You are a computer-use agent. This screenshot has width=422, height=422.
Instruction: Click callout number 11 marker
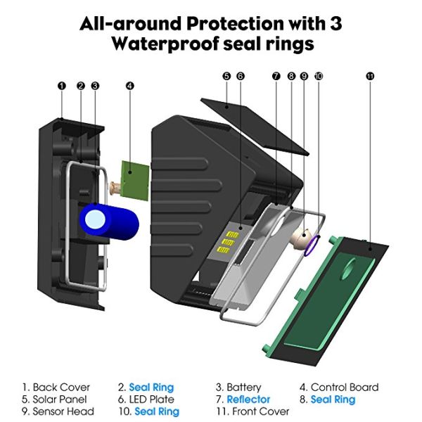(371, 75)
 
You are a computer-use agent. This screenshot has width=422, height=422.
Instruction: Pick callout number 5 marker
(226, 75)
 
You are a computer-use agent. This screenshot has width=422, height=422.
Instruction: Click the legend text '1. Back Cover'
(56, 387)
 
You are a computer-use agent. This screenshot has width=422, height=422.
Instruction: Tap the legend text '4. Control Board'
(339, 387)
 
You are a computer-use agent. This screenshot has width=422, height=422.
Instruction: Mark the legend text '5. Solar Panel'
(56, 399)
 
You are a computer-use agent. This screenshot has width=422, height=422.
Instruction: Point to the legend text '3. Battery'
(238, 387)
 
